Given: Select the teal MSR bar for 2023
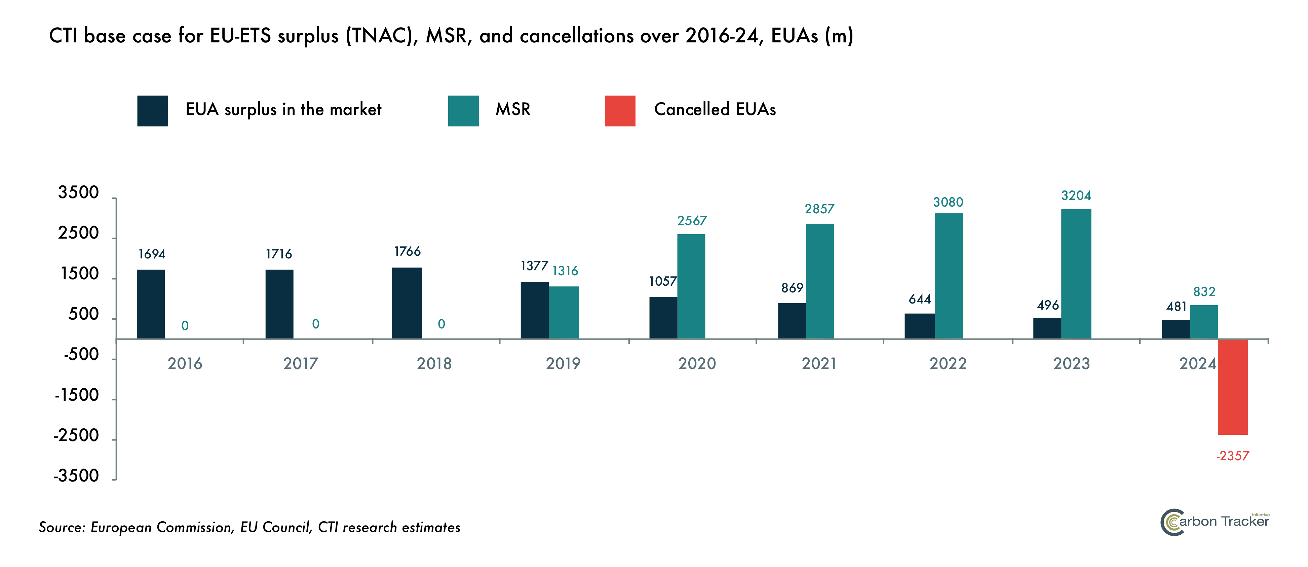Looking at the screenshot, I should (x=1076, y=274).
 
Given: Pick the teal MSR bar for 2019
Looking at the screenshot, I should (x=564, y=313).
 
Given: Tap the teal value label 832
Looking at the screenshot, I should (x=1204, y=292).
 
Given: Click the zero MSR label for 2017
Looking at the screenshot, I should (x=316, y=324).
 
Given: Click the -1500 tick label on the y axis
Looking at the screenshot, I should (x=77, y=395).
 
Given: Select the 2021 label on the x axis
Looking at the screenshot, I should (x=818, y=364).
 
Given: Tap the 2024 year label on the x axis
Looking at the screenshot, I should (x=1197, y=364).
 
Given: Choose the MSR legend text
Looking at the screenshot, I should (x=513, y=110).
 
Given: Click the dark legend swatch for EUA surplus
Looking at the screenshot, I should (x=152, y=111).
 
